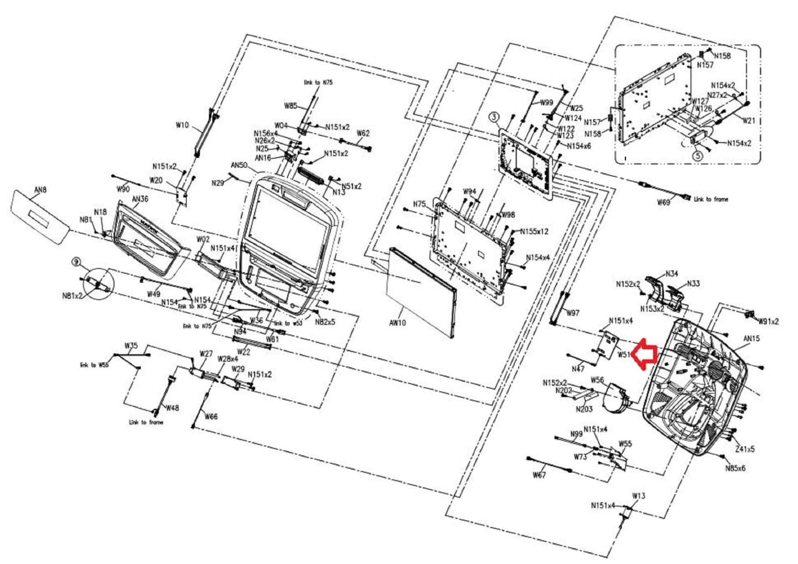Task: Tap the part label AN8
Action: tap(41, 190)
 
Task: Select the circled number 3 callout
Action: tap(494, 117)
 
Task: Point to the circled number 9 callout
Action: tap(76, 262)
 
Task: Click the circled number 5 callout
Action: tap(697, 156)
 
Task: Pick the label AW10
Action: tap(397, 322)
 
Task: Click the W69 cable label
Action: tap(663, 202)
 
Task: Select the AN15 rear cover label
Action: tap(751, 339)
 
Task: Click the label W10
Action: tap(182, 125)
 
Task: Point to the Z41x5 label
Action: tap(745, 449)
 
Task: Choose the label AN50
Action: tap(239, 165)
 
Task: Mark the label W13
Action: tap(639, 496)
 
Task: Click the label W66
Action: tap(211, 417)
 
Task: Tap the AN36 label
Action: tap(140, 199)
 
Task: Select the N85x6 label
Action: tap(735, 468)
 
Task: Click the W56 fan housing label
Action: tap(597, 380)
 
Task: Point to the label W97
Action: tap(573, 313)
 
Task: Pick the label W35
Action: tap(131, 346)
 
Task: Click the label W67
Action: tap(539, 475)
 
